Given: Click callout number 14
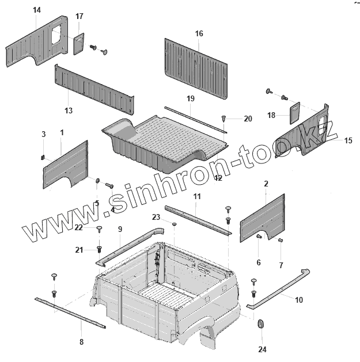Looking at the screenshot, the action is pos(37,10).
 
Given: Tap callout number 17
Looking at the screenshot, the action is pos(79,16).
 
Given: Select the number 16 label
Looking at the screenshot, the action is pos(199,34).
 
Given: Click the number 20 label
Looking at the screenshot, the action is pos(248,119).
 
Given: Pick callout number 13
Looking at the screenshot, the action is pos(69,110).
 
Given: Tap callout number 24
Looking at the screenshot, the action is pos(262,349).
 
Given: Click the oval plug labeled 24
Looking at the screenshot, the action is pos(259,325).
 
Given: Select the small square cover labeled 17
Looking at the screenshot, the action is pos(78,44).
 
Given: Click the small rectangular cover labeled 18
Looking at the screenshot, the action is pos(294,111).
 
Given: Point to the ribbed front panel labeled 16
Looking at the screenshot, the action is pos(196,66).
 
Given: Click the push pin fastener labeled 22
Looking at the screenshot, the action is pos(99,229).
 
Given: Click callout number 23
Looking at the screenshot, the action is pos(156,217).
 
